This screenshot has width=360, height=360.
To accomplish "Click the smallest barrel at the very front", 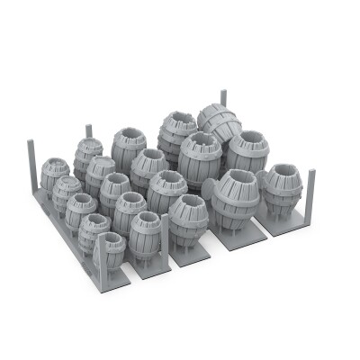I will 108,249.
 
